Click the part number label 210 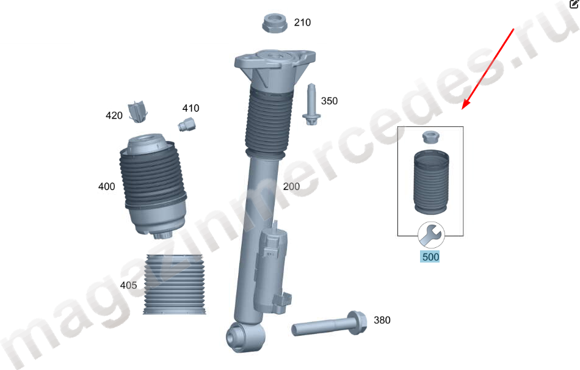(302, 23)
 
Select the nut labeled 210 (275, 23)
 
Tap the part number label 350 (329, 101)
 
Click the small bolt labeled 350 (311, 104)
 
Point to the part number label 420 (114, 116)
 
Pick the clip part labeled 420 (138, 112)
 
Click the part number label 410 (190, 109)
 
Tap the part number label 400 (106, 186)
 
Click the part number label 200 (291, 186)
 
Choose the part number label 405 (128, 285)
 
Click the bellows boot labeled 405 (174, 285)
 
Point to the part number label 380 (382, 320)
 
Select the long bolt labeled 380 (329, 324)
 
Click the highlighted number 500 (430, 257)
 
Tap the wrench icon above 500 (431, 235)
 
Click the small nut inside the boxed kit (431, 137)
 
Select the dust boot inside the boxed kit (431, 182)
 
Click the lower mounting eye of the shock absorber (245, 337)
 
